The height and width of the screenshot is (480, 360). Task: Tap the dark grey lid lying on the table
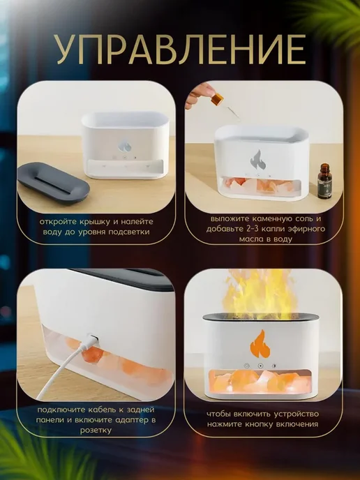click(x=54, y=183)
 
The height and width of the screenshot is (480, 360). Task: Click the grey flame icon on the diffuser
click(x=257, y=160)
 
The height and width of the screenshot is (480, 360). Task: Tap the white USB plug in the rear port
click(x=92, y=340)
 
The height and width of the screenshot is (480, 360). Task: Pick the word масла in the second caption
click(x=250, y=239)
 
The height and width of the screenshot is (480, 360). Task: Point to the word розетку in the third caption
click(x=96, y=430)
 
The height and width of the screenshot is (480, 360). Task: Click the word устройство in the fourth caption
click(x=292, y=414)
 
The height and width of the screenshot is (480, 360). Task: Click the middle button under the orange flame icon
click(x=260, y=366)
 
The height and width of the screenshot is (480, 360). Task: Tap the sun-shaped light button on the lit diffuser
click(x=273, y=366)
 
